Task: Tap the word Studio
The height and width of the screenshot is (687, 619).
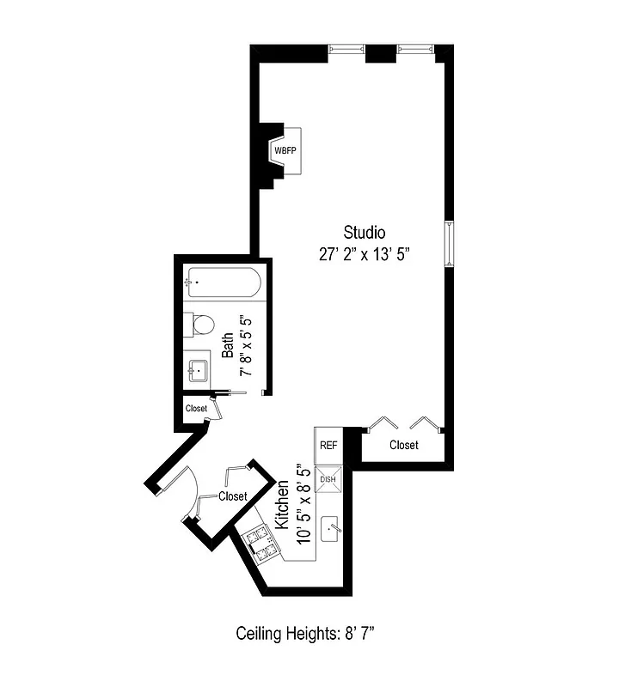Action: click(365, 232)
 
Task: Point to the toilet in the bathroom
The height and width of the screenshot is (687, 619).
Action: click(203, 325)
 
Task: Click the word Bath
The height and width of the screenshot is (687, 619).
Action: click(228, 344)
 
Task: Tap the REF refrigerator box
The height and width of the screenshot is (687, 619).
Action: click(328, 446)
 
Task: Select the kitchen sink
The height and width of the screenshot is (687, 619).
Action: click(333, 529)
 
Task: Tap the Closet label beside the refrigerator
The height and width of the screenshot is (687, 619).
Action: click(404, 445)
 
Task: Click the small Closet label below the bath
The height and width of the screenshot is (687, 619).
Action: click(196, 409)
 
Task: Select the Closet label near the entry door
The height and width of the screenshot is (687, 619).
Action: click(233, 496)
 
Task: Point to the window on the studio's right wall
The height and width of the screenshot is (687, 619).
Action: click(448, 245)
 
